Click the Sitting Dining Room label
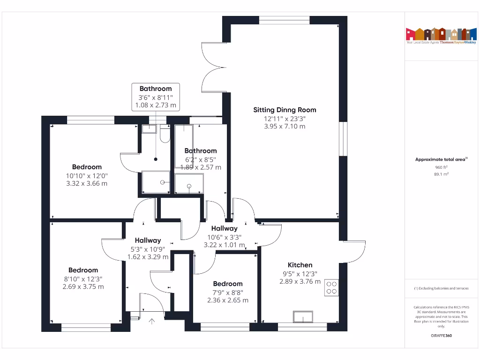[285, 110]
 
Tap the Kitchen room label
[300, 265]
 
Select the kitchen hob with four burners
[331, 287]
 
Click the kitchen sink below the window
[304, 317]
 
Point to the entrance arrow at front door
[152, 322]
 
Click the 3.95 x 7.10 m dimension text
[285, 127]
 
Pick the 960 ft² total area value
[441, 167]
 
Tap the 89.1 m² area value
[441, 174]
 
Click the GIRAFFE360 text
[441, 336]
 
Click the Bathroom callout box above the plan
[156, 97]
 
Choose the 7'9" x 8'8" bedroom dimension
[228, 292]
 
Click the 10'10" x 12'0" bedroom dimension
[87, 176]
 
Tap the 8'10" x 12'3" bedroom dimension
[83, 278]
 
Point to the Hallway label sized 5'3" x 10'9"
[148, 240]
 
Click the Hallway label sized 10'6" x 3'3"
[224, 229]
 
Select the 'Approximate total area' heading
[440, 159]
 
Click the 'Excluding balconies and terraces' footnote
[441, 288]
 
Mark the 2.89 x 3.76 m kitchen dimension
[300, 282]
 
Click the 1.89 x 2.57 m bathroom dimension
[201, 167]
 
